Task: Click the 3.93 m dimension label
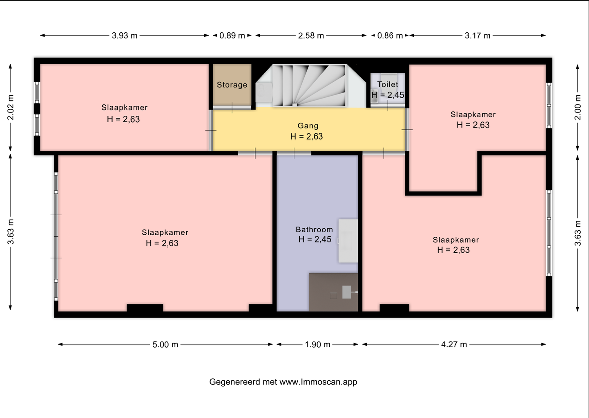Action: click(x=125, y=36)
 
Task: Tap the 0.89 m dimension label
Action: click(x=232, y=36)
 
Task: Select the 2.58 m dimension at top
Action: click(x=311, y=36)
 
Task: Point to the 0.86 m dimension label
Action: click(x=390, y=36)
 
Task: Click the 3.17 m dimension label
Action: click(x=477, y=36)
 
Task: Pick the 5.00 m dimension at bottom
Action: click(x=165, y=344)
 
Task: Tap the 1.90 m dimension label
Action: click(x=317, y=344)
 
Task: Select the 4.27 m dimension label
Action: click(x=454, y=344)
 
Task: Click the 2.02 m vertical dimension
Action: click(x=11, y=107)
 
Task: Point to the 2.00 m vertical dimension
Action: click(x=578, y=107)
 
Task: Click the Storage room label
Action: click(x=232, y=85)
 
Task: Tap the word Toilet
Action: click(x=387, y=84)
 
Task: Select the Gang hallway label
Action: click(x=308, y=126)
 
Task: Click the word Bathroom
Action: click(x=314, y=229)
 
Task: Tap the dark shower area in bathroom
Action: click(x=333, y=292)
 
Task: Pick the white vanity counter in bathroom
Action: click(x=348, y=240)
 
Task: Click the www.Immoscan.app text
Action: click(x=318, y=382)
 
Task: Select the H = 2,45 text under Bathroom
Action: click(x=315, y=240)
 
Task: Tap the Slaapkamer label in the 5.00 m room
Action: click(x=165, y=232)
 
